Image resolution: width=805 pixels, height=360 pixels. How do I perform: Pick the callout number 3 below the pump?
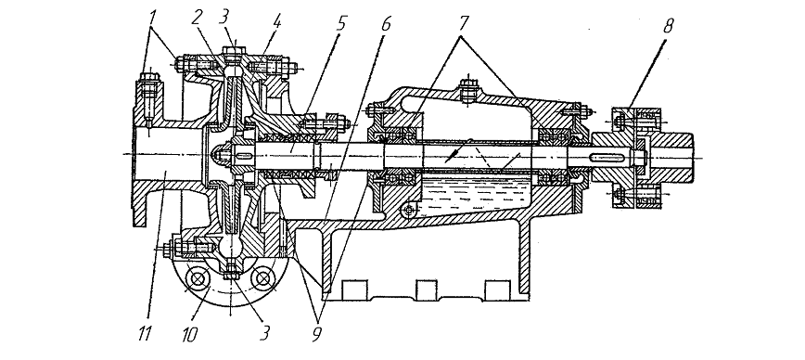coord(263,334)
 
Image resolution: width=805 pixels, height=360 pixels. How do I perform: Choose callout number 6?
coord(386,23)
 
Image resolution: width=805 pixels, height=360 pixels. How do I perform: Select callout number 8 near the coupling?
coord(668,26)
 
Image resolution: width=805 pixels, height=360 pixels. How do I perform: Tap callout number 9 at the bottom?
coord(317,334)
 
